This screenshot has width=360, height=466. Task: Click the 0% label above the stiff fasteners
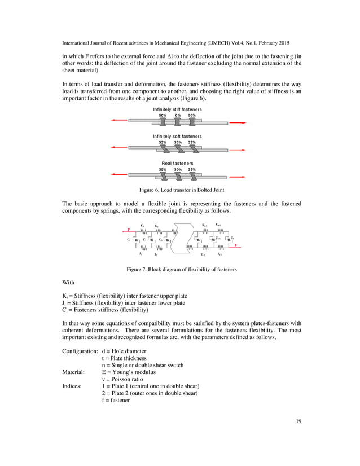point(178,115)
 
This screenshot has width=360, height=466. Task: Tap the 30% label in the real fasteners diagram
point(178,169)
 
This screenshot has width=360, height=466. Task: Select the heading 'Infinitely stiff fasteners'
point(178,109)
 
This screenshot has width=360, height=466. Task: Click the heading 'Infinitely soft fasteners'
point(178,137)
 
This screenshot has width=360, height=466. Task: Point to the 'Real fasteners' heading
point(178,164)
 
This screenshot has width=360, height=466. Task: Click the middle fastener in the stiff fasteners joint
point(178,121)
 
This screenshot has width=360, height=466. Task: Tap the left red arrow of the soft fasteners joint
point(119,148)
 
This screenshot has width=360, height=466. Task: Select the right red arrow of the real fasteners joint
point(238,175)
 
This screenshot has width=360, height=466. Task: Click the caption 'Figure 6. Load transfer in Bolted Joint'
point(180,190)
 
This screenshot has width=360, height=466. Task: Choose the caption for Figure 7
point(181,270)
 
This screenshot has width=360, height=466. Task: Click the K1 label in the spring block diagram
point(143,226)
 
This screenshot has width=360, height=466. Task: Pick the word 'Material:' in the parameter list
point(73,372)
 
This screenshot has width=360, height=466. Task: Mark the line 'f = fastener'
point(116,401)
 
